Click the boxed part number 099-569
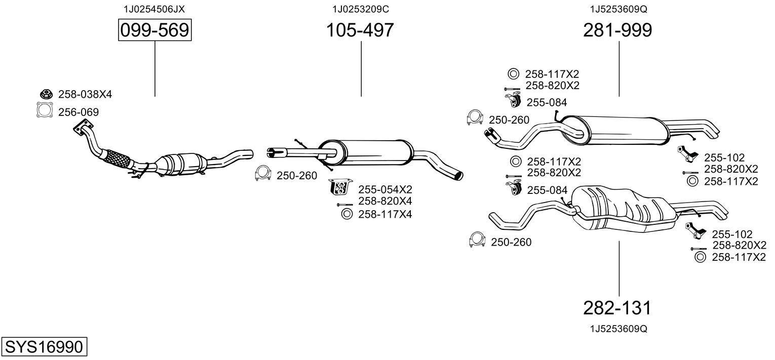click(154, 31)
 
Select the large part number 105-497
click(360, 31)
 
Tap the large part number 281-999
click(617, 31)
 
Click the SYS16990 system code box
click(44, 347)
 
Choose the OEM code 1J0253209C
click(361, 9)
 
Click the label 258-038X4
click(85, 94)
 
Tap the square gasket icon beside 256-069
click(45, 110)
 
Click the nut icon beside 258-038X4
click(46, 94)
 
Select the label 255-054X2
click(385, 190)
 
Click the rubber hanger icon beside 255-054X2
click(341, 187)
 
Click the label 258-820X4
click(385, 202)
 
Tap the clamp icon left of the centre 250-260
click(262, 174)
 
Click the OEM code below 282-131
click(618, 329)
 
